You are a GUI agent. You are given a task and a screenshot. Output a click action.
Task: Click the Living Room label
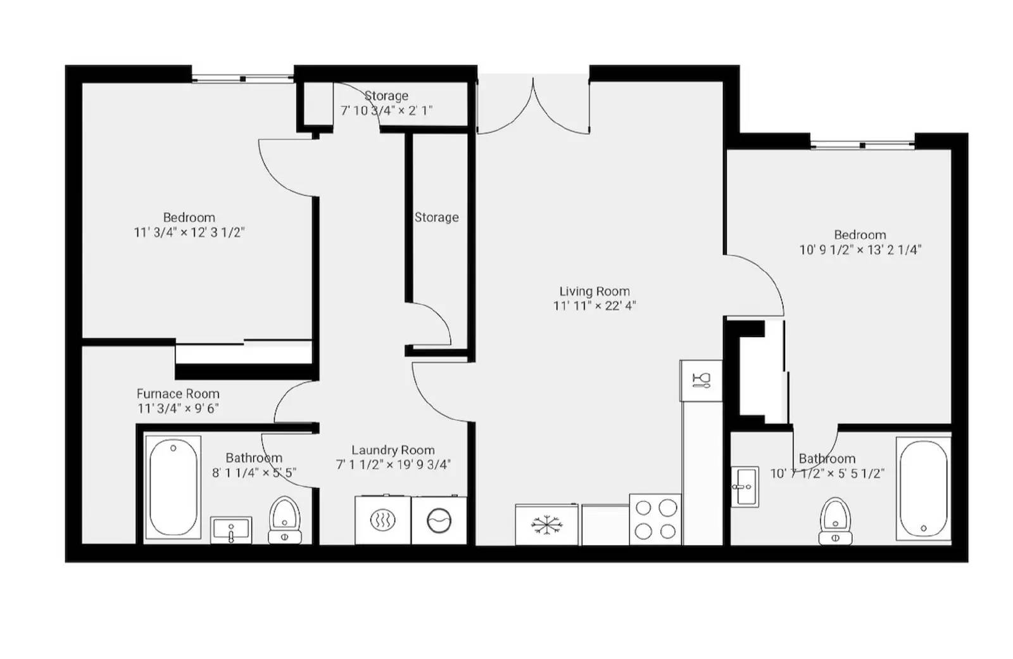click(594, 291)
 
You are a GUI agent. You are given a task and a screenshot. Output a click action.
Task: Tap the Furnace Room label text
click(178, 393)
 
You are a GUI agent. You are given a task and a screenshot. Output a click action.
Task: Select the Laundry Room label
click(393, 450)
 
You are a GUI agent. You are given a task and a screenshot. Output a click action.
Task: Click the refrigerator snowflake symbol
click(546, 525)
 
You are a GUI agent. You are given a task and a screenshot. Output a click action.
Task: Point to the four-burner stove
click(655, 520)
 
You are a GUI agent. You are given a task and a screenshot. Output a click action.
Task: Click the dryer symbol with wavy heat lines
click(382, 521)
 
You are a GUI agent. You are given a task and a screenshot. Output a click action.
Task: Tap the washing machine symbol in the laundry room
click(439, 521)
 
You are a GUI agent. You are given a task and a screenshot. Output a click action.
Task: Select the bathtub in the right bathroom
click(923, 488)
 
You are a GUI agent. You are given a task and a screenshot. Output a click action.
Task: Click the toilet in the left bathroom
click(284, 520)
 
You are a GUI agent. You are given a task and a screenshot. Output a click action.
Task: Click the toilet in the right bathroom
click(835, 521)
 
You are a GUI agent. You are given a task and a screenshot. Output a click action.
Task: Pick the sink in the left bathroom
click(230, 530)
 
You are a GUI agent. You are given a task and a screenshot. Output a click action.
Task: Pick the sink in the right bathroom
click(745, 487)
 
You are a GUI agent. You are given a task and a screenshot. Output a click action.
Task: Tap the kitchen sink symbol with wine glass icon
click(701, 381)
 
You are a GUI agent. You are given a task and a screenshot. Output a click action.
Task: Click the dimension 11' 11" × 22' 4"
click(594, 306)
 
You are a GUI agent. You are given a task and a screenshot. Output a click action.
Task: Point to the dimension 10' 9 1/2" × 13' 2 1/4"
click(860, 250)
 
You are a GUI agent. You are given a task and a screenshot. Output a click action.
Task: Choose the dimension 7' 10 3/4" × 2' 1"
click(386, 110)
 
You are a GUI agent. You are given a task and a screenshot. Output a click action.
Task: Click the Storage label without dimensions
click(436, 217)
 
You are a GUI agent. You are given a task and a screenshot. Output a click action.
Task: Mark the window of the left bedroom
click(242, 79)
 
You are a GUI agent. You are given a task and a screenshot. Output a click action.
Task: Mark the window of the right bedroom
click(862, 146)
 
